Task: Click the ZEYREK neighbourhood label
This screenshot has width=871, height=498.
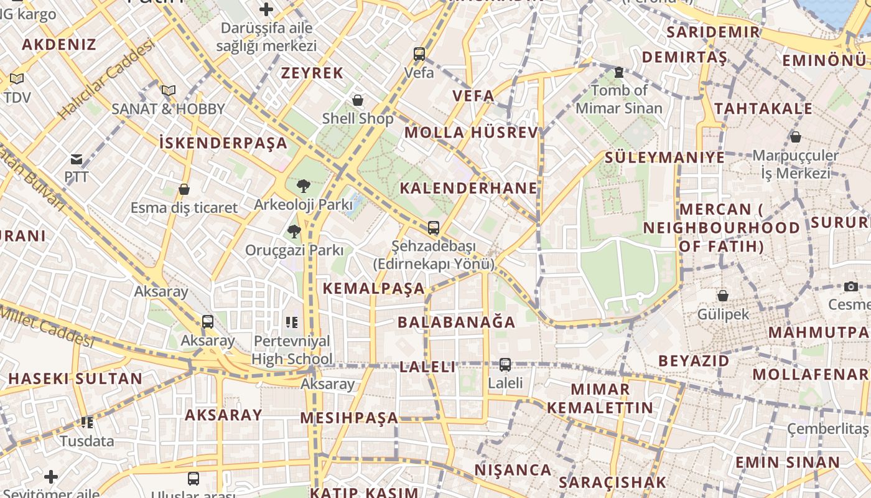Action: tap(312, 73)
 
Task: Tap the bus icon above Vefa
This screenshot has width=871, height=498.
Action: tap(419, 54)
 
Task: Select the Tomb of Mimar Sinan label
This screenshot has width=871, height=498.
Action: tap(619, 100)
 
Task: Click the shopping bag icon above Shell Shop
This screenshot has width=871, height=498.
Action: tap(358, 100)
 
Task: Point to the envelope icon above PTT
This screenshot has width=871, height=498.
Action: tap(77, 159)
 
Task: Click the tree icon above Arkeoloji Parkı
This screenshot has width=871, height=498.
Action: tap(304, 186)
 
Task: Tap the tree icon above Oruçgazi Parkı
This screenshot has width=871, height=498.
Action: tap(294, 232)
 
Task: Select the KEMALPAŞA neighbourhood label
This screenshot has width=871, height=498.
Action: tap(374, 288)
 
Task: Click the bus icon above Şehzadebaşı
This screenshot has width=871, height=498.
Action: tap(434, 228)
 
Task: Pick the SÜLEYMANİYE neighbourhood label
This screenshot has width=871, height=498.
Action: tap(665, 157)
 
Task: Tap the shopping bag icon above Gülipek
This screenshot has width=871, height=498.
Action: tap(723, 296)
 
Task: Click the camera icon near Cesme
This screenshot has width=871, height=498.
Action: tap(851, 286)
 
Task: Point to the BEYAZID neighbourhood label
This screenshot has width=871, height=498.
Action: tap(694, 361)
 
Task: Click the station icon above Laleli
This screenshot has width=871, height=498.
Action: tap(505, 365)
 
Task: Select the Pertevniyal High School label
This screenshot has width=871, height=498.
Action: tap(292, 350)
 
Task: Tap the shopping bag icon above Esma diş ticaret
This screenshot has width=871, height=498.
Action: tap(184, 189)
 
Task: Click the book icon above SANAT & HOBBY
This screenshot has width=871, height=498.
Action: tap(169, 90)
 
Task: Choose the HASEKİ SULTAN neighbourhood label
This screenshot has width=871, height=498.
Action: tap(75, 378)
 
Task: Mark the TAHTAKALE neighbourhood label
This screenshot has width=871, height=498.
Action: tap(763, 109)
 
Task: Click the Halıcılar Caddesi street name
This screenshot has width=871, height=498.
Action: tap(106, 79)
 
